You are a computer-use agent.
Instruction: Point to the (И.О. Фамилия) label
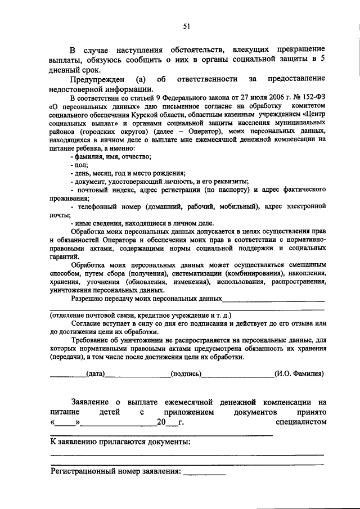click(x=298, y=373)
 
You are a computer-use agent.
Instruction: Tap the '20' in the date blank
click(x=161, y=422)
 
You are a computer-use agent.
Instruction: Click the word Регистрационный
click(x=84, y=471)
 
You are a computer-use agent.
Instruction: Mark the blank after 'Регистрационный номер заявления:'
click(x=204, y=472)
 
